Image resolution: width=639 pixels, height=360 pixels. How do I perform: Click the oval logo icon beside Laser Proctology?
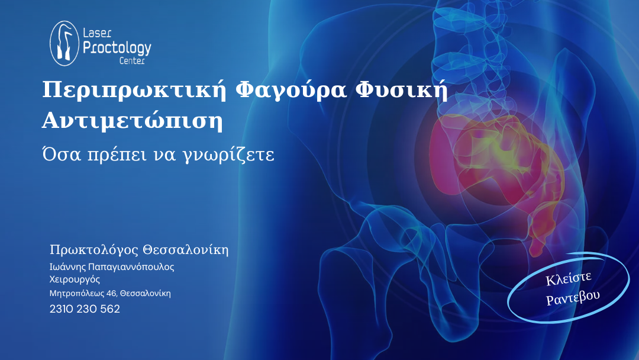point(64,43)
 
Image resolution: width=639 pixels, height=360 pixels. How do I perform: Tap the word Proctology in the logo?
point(117,48)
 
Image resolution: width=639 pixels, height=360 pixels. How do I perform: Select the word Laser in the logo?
point(97,33)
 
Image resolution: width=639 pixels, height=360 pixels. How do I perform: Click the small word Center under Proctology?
point(132,61)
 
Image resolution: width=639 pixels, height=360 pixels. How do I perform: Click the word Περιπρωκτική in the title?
point(134,91)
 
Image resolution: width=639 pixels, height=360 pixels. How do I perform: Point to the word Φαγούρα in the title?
point(291,91)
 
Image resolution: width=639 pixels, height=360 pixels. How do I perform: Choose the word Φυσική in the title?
point(402,91)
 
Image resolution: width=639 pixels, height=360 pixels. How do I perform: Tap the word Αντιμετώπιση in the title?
point(133,121)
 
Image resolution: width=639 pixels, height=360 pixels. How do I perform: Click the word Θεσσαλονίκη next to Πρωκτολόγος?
point(185,249)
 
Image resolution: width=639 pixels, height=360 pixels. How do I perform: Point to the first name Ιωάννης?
point(67,267)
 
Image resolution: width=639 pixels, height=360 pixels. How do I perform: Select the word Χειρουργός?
point(75,279)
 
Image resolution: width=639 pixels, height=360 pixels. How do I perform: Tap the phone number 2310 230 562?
point(85,309)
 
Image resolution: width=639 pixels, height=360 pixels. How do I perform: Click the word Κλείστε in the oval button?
point(568,278)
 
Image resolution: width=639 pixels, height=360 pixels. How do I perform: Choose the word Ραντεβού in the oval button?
point(573,298)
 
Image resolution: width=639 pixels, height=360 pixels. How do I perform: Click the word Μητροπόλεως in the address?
point(77,294)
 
